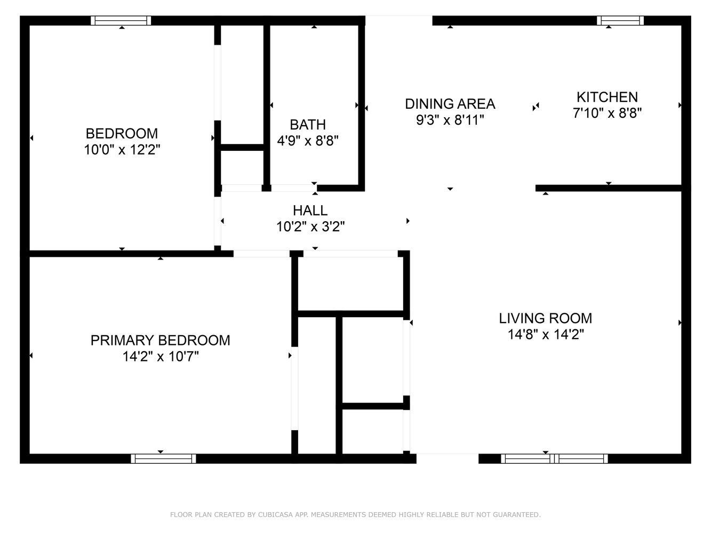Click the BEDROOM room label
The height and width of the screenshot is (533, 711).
click(x=122, y=133)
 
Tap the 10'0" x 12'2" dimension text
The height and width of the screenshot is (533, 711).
click(x=122, y=150)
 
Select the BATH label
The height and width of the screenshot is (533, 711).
click(x=308, y=125)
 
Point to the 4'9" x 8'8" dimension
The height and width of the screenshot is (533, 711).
click(x=308, y=141)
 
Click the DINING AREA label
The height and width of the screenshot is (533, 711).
click(x=450, y=104)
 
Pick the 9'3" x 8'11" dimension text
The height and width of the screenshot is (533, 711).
click(x=450, y=120)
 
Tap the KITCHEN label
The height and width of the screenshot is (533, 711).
click(x=608, y=97)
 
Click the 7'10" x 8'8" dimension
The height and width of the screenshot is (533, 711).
click(x=608, y=114)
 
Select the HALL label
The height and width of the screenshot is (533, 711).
click(x=310, y=211)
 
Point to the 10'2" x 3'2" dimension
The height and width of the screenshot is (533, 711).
click(x=310, y=227)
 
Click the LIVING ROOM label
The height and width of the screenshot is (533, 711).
click(x=546, y=318)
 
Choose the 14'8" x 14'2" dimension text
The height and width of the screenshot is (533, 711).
click(x=546, y=334)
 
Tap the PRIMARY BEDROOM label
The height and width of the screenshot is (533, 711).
click(x=161, y=340)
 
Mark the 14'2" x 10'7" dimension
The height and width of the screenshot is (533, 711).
click(x=161, y=357)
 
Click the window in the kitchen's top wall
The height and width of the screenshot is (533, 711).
click(x=620, y=20)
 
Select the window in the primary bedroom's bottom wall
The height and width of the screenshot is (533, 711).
click(x=163, y=458)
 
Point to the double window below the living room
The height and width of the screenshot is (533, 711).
click(x=554, y=458)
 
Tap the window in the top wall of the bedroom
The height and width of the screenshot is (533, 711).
click(x=121, y=20)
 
